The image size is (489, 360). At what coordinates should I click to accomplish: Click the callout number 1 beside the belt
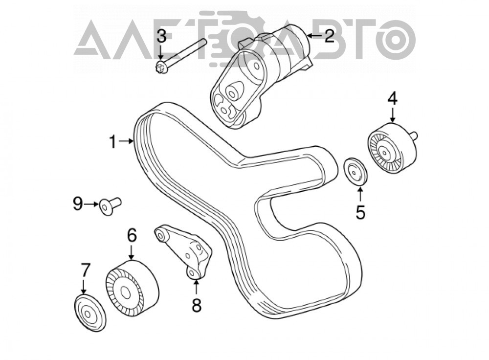tap(112, 142)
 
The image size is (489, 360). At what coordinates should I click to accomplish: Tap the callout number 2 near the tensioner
tap(329, 36)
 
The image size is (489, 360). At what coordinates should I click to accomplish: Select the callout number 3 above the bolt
tap(161, 37)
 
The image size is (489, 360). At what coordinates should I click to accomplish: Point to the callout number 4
tap(392, 99)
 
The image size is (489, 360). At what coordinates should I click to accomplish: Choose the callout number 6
tap(132, 235)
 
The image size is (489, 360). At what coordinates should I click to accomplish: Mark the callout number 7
tap(85, 270)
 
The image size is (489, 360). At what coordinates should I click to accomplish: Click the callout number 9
tap(78, 204)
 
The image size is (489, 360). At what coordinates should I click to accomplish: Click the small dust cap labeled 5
tap(355, 171)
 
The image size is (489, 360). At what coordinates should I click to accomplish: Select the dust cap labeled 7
tap(90, 313)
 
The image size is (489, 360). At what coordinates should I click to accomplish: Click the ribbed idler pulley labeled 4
tap(392, 148)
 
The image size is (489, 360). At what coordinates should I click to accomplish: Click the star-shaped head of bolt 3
tap(161, 67)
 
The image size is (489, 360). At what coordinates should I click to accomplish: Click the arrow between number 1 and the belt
tap(126, 142)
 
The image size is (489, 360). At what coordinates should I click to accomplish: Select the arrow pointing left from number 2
tap(315, 36)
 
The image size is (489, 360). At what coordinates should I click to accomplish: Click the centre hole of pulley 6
tap(125, 292)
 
